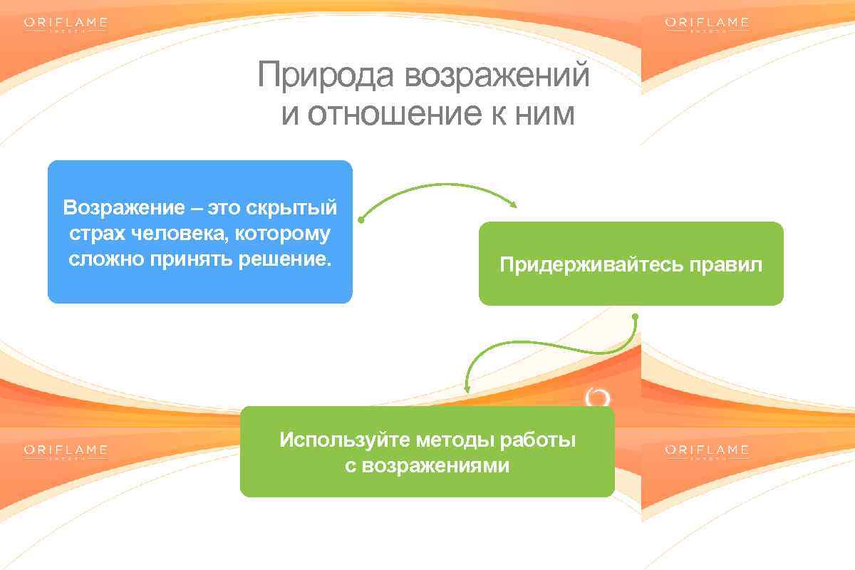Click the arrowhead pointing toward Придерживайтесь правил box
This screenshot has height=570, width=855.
coord(512,204)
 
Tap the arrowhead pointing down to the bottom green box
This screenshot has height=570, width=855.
coord(467,388)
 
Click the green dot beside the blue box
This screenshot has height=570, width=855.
coord(361,220)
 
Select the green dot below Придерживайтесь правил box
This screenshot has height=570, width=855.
coord(635,316)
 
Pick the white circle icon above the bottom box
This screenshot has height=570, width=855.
coord(598,398)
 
